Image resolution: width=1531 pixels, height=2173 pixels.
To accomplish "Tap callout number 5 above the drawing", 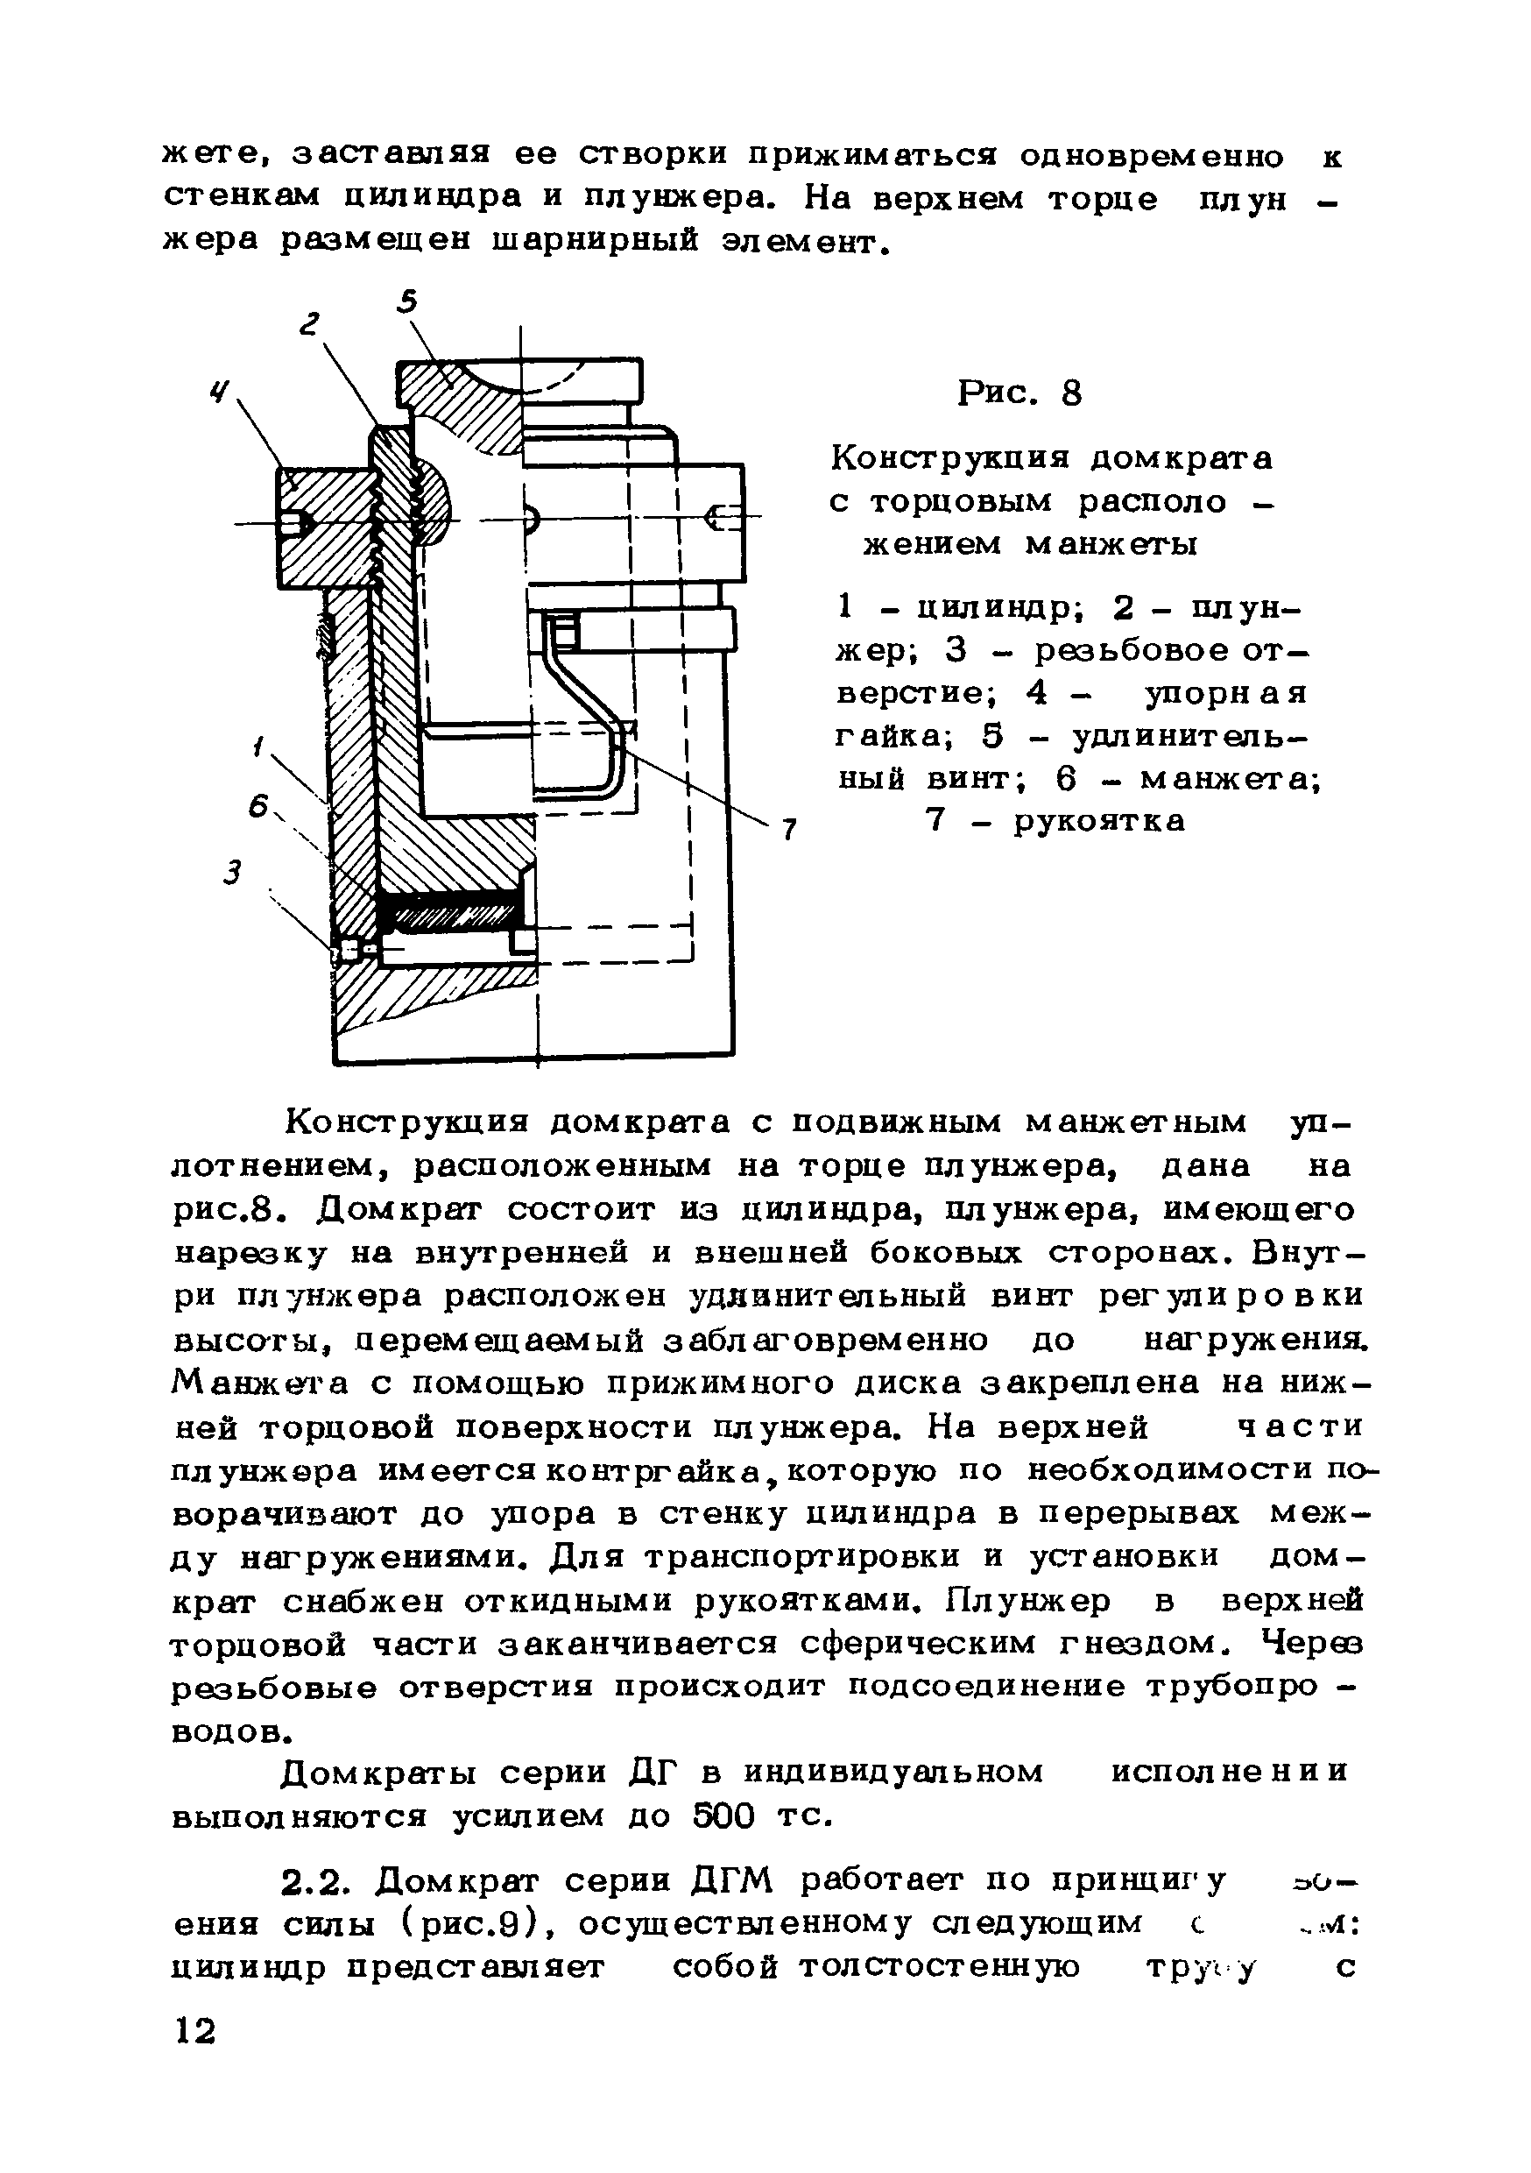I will pyautogui.click(x=407, y=302).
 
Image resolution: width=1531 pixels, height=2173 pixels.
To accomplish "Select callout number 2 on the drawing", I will pyautogui.click(x=309, y=324).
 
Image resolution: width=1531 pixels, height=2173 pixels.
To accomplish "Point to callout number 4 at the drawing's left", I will pyautogui.click(x=221, y=391).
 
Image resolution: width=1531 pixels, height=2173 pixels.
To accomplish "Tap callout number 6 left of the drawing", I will pyautogui.click(x=258, y=806).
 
